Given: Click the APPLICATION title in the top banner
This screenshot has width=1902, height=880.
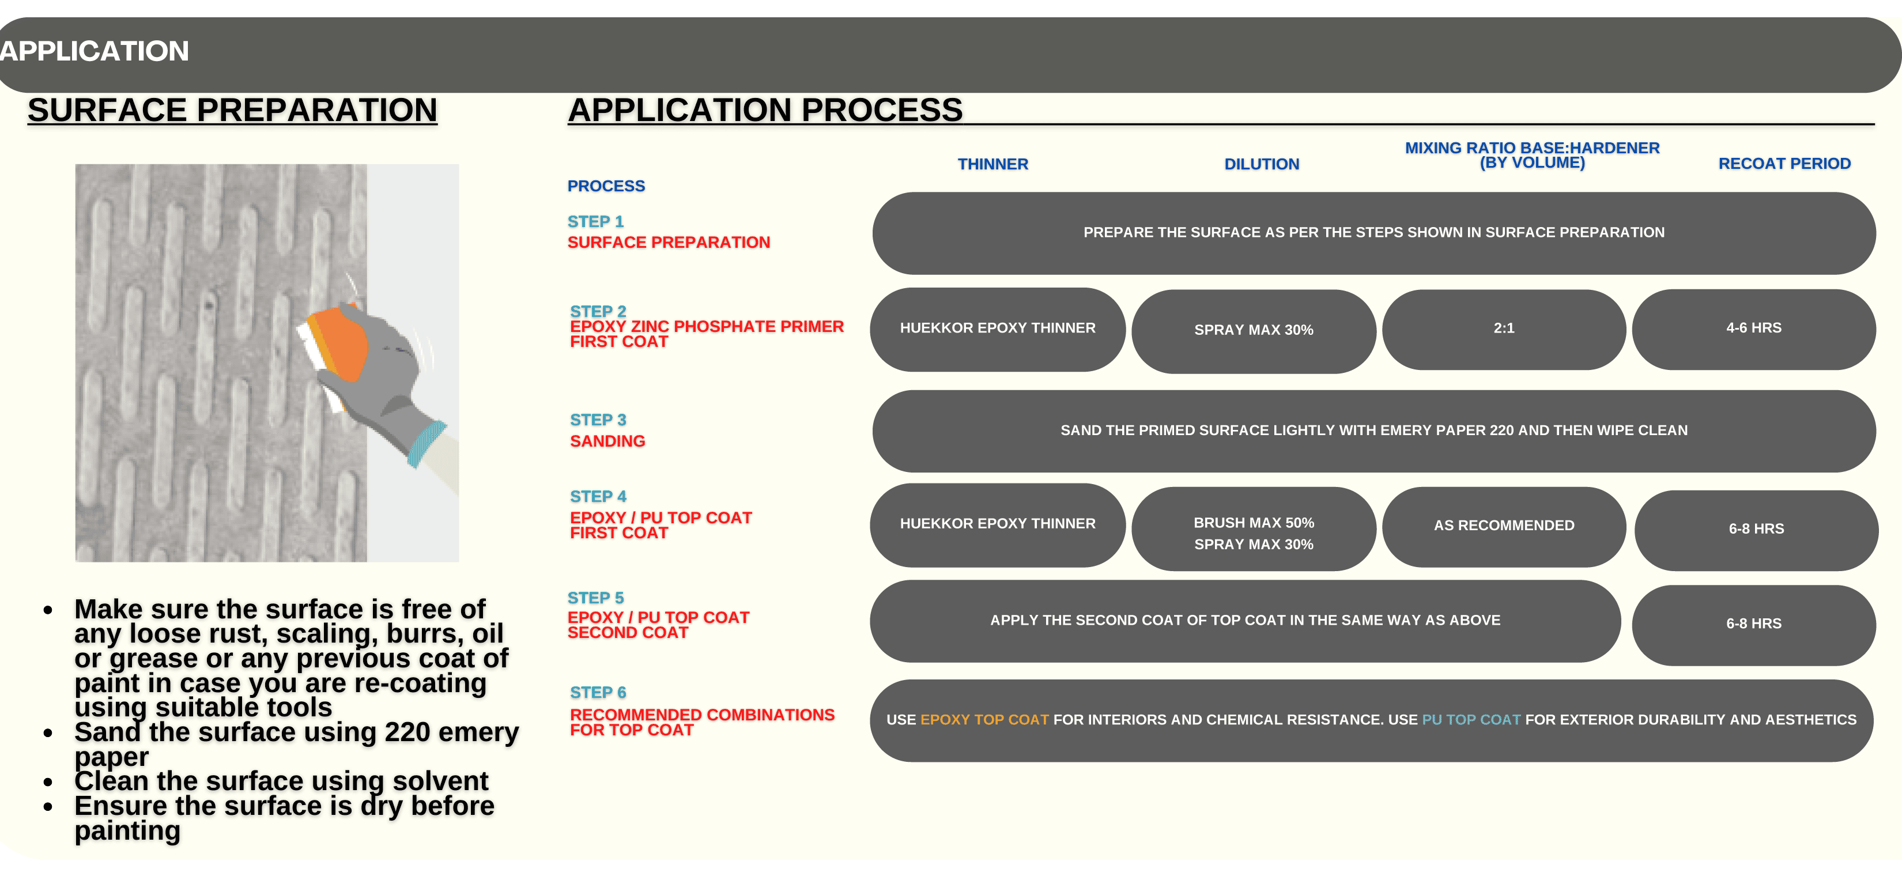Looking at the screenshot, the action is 94,51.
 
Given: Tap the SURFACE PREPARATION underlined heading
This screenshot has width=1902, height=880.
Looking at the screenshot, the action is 233,110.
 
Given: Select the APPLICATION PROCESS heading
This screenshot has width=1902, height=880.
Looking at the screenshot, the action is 765,110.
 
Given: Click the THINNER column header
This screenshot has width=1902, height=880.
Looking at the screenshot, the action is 993,164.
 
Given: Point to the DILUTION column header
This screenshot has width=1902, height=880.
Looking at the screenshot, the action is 1262,164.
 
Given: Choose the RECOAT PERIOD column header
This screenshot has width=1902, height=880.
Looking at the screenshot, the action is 1784,163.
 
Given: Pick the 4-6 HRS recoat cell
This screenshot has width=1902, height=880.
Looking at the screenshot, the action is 1754,328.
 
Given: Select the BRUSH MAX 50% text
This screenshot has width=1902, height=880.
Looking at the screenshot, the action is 1254,523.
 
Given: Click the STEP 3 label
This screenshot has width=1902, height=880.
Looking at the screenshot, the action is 598,420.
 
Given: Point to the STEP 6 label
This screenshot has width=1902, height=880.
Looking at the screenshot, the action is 598,693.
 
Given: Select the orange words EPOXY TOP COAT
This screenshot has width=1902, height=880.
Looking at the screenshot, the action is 984,720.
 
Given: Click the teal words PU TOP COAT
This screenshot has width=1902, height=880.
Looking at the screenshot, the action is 1471,720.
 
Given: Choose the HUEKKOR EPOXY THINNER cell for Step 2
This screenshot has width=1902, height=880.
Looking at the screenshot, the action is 998,328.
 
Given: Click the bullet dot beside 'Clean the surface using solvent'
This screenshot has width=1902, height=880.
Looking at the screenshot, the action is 48,782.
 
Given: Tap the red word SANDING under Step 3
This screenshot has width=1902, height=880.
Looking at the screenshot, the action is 607,441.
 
